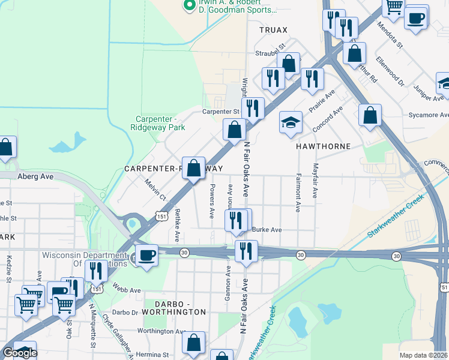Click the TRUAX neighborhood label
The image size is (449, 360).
click(x=273, y=29)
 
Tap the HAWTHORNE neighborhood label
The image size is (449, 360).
click(x=322, y=146)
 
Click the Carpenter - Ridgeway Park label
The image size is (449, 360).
click(x=158, y=123)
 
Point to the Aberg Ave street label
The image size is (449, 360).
click(x=35, y=176)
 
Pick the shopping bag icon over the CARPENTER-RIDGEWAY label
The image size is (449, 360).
click(x=194, y=168)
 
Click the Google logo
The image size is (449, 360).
click(x=20, y=353)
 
